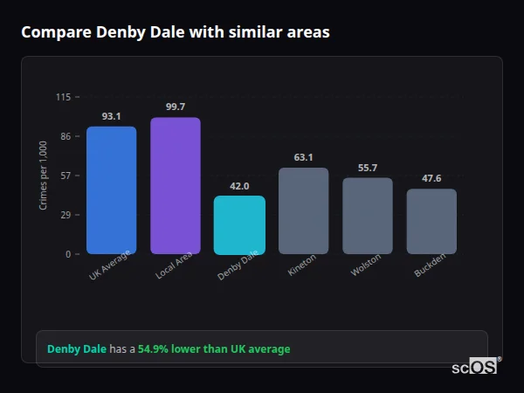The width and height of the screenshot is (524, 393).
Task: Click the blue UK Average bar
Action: [x=111, y=190]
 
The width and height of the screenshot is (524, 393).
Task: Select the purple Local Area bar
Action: [x=175, y=186]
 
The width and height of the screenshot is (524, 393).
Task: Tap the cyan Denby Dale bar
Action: [x=239, y=224]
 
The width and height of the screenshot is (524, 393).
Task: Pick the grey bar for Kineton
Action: [x=303, y=210]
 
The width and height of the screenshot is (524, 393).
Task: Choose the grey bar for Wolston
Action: [x=367, y=216]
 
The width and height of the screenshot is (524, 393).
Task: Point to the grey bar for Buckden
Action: [x=431, y=221]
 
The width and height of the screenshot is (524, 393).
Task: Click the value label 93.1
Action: [x=111, y=116]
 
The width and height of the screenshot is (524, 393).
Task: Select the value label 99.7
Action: [x=175, y=107]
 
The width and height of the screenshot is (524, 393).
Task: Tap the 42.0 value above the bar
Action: [x=239, y=186]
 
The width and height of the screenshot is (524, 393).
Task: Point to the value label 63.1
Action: [x=303, y=157]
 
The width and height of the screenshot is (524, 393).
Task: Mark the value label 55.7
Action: [x=367, y=168]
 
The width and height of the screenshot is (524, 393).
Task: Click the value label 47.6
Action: [x=431, y=178]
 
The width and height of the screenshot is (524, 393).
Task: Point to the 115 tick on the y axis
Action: [x=63, y=97]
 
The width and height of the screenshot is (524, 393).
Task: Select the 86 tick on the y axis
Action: [x=65, y=136]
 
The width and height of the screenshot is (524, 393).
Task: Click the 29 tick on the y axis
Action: [x=65, y=215]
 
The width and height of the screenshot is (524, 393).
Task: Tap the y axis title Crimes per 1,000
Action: [x=44, y=176]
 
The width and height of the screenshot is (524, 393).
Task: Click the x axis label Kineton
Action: [x=301, y=265]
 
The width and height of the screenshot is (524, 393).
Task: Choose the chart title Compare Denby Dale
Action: [x=176, y=32]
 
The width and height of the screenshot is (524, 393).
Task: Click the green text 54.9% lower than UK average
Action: [x=214, y=349]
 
